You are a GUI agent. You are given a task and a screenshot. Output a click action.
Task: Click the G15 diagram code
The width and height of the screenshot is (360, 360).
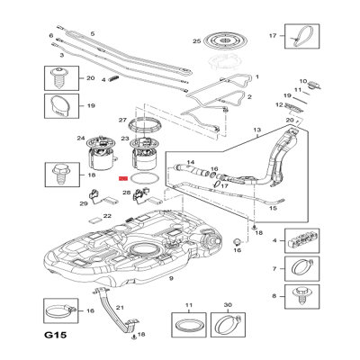pyautogui.click(x=56, y=335)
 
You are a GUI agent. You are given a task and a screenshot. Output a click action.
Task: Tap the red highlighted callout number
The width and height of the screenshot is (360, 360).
pyautogui.click(x=123, y=179)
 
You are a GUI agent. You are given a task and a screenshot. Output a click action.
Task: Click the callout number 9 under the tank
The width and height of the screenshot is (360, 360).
pyautogui.click(x=171, y=278)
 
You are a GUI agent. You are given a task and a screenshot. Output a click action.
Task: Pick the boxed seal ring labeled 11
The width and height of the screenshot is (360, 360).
pyautogui.click(x=189, y=325)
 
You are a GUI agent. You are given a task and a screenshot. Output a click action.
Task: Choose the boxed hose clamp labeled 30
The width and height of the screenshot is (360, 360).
pyautogui.click(x=228, y=325)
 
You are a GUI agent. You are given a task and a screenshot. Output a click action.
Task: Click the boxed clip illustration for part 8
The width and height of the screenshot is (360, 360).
pyautogui.click(x=302, y=296)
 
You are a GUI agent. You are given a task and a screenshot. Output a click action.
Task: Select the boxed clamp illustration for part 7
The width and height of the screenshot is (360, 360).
pyautogui.click(x=302, y=268)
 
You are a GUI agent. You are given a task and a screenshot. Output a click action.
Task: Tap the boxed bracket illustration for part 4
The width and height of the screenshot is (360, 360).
pyautogui.click(x=302, y=240)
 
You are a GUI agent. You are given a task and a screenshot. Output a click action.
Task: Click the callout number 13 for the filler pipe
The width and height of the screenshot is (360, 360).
pyautogui.click(x=257, y=130)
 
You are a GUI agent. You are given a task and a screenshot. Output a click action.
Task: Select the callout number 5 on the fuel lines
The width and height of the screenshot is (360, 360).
pyautogui.click(x=93, y=33)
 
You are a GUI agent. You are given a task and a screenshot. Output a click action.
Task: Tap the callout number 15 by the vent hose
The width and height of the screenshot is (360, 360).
pyautogui.click(x=273, y=208)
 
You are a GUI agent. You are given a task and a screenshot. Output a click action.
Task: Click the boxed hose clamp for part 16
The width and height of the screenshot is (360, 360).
pyautogui.click(x=61, y=310)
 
